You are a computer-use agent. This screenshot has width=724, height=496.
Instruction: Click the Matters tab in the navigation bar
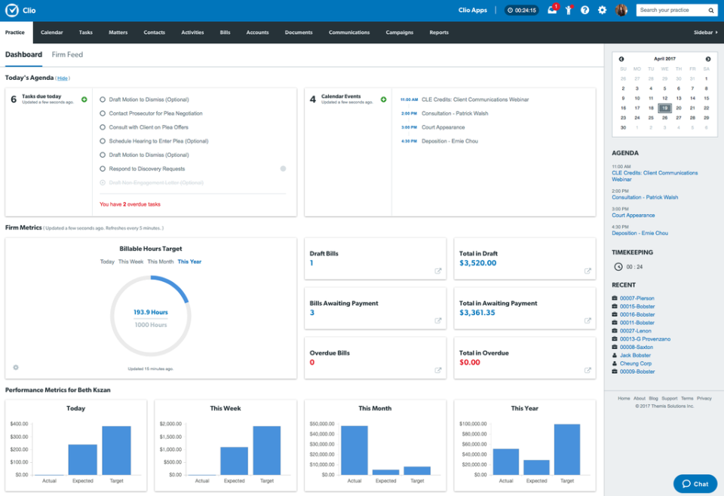coord(118,32)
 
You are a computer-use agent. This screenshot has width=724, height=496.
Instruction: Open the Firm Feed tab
coord(67,55)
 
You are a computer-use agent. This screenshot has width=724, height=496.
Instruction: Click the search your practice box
coord(671,11)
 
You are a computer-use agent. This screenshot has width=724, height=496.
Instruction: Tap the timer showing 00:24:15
coord(522,11)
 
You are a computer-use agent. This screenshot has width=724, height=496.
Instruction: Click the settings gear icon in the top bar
coord(602,11)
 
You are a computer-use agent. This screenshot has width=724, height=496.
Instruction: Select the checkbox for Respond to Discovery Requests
coord(103,169)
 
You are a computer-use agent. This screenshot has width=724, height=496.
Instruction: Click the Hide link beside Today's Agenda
coord(63,78)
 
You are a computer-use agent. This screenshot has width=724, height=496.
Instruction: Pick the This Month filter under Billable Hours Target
coord(160,262)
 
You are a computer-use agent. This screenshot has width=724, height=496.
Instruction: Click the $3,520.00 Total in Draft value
coord(477,263)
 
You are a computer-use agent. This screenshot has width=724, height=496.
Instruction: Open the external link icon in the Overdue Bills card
coord(438,370)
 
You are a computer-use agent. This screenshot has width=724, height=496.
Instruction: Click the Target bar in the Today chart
coord(116,450)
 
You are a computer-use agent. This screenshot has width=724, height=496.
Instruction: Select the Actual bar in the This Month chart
coord(354,450)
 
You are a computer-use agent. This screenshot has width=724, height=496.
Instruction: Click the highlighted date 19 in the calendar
coord(664,108)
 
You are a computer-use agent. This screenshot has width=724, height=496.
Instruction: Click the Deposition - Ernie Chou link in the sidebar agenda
coord(640,233)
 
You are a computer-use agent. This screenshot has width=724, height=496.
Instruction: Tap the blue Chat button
coord(695,484)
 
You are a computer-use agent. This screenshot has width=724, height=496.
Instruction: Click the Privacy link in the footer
coord(704,398)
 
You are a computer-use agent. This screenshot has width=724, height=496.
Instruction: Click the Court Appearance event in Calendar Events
coord(443,127)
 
